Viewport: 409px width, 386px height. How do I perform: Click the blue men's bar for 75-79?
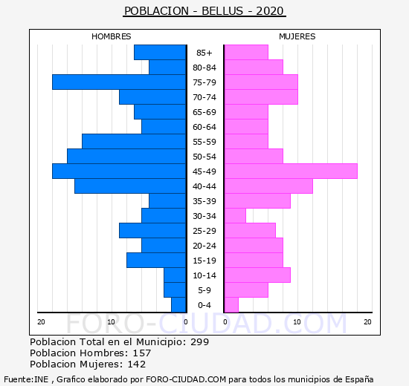119,82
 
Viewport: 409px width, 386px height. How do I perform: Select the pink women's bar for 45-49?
291,171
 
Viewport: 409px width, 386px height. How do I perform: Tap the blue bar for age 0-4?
178,305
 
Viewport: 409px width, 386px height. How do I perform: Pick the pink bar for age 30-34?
235,216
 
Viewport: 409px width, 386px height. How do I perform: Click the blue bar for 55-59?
134,142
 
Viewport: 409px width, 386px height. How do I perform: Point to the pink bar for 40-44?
268,186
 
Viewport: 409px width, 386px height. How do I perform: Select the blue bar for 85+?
160,53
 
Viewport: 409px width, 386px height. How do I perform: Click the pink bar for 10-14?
257,275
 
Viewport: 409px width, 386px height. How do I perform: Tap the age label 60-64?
204,127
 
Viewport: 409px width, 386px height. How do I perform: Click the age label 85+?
204,53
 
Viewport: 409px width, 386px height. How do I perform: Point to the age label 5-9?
204,290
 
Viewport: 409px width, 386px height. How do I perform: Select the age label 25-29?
204,231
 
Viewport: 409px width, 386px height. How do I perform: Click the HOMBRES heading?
112,36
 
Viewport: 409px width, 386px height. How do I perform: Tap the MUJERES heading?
297,36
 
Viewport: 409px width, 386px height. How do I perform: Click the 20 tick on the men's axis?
41,322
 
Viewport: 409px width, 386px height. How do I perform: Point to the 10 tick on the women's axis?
297,322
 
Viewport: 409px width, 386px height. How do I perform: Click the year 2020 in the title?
270,11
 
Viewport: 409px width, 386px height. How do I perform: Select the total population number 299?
200,342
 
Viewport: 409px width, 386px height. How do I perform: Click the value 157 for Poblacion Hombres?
142,353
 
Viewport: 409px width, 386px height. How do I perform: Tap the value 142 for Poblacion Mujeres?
137,364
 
